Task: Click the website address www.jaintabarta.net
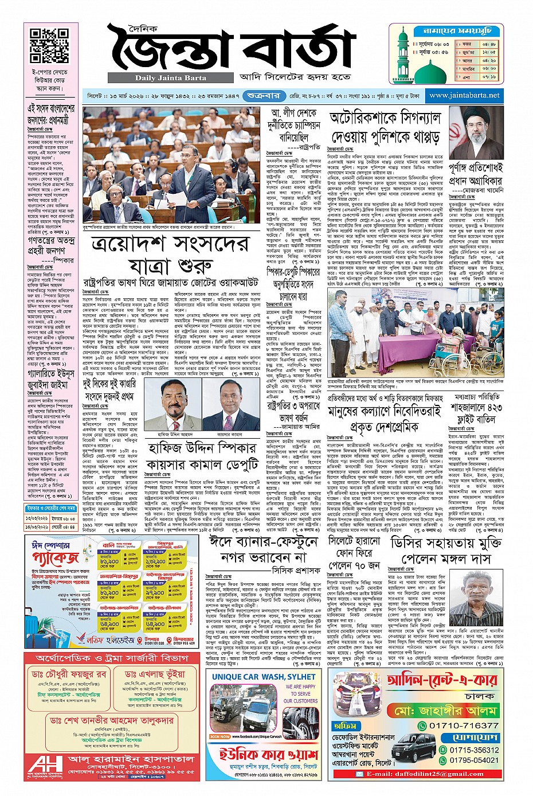(x=464, y=95)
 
